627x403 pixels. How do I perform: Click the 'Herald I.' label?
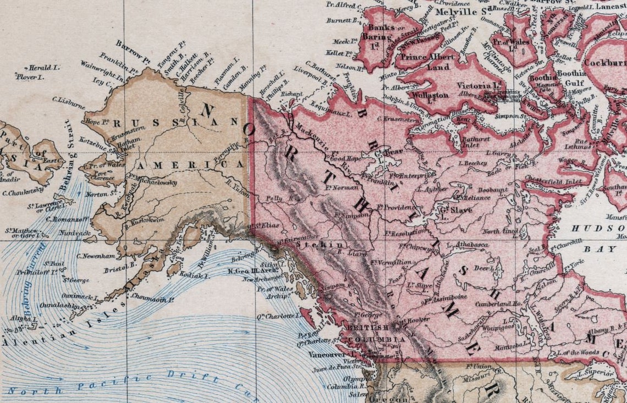tap(44, 68)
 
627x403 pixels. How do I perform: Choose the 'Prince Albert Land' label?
tap(427, 62)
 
